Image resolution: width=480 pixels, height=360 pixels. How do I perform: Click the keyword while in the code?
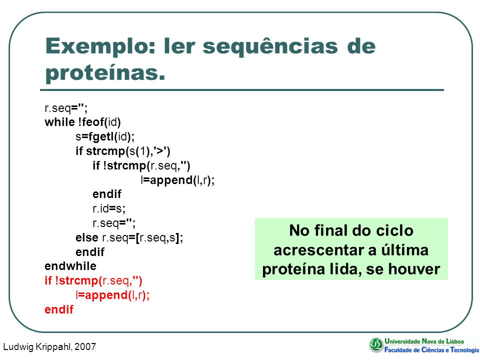(59, 122)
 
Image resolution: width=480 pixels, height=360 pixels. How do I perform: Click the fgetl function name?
(99, 136)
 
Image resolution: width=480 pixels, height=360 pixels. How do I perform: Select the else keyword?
(87, 237)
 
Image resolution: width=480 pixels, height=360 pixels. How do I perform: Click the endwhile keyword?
(70, 266)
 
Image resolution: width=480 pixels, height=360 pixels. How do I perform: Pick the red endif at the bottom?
(59, 309)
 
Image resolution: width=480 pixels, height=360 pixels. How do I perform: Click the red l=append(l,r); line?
(112, 295)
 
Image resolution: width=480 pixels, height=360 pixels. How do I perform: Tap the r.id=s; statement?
(109, 208)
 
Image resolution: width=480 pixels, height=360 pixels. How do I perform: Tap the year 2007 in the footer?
(85, 346)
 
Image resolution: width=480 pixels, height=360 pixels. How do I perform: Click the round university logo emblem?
(376, 345)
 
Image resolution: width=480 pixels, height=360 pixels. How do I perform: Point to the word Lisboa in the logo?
(454, 341)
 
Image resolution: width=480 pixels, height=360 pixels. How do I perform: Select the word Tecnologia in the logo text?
(464, 350)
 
